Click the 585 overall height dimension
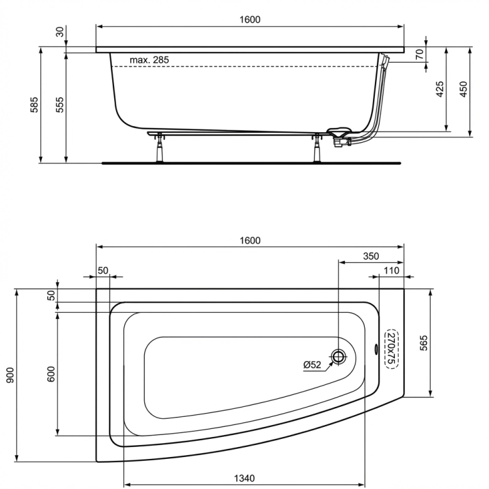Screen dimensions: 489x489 pos(35,105)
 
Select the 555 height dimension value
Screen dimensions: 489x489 pos(60,105)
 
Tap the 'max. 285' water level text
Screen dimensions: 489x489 pos(149,60)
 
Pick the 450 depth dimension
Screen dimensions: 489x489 pos(464,88)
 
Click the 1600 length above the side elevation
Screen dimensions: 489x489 pos(249,19)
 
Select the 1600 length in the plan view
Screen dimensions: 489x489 pos(249,239)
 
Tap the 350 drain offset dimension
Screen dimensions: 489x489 pos(371,256)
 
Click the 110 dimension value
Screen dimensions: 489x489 pos(392,270)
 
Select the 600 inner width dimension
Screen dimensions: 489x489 pos(51,374)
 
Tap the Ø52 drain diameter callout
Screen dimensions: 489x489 pos(312,365)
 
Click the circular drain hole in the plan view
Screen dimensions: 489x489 pos(339,357)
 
